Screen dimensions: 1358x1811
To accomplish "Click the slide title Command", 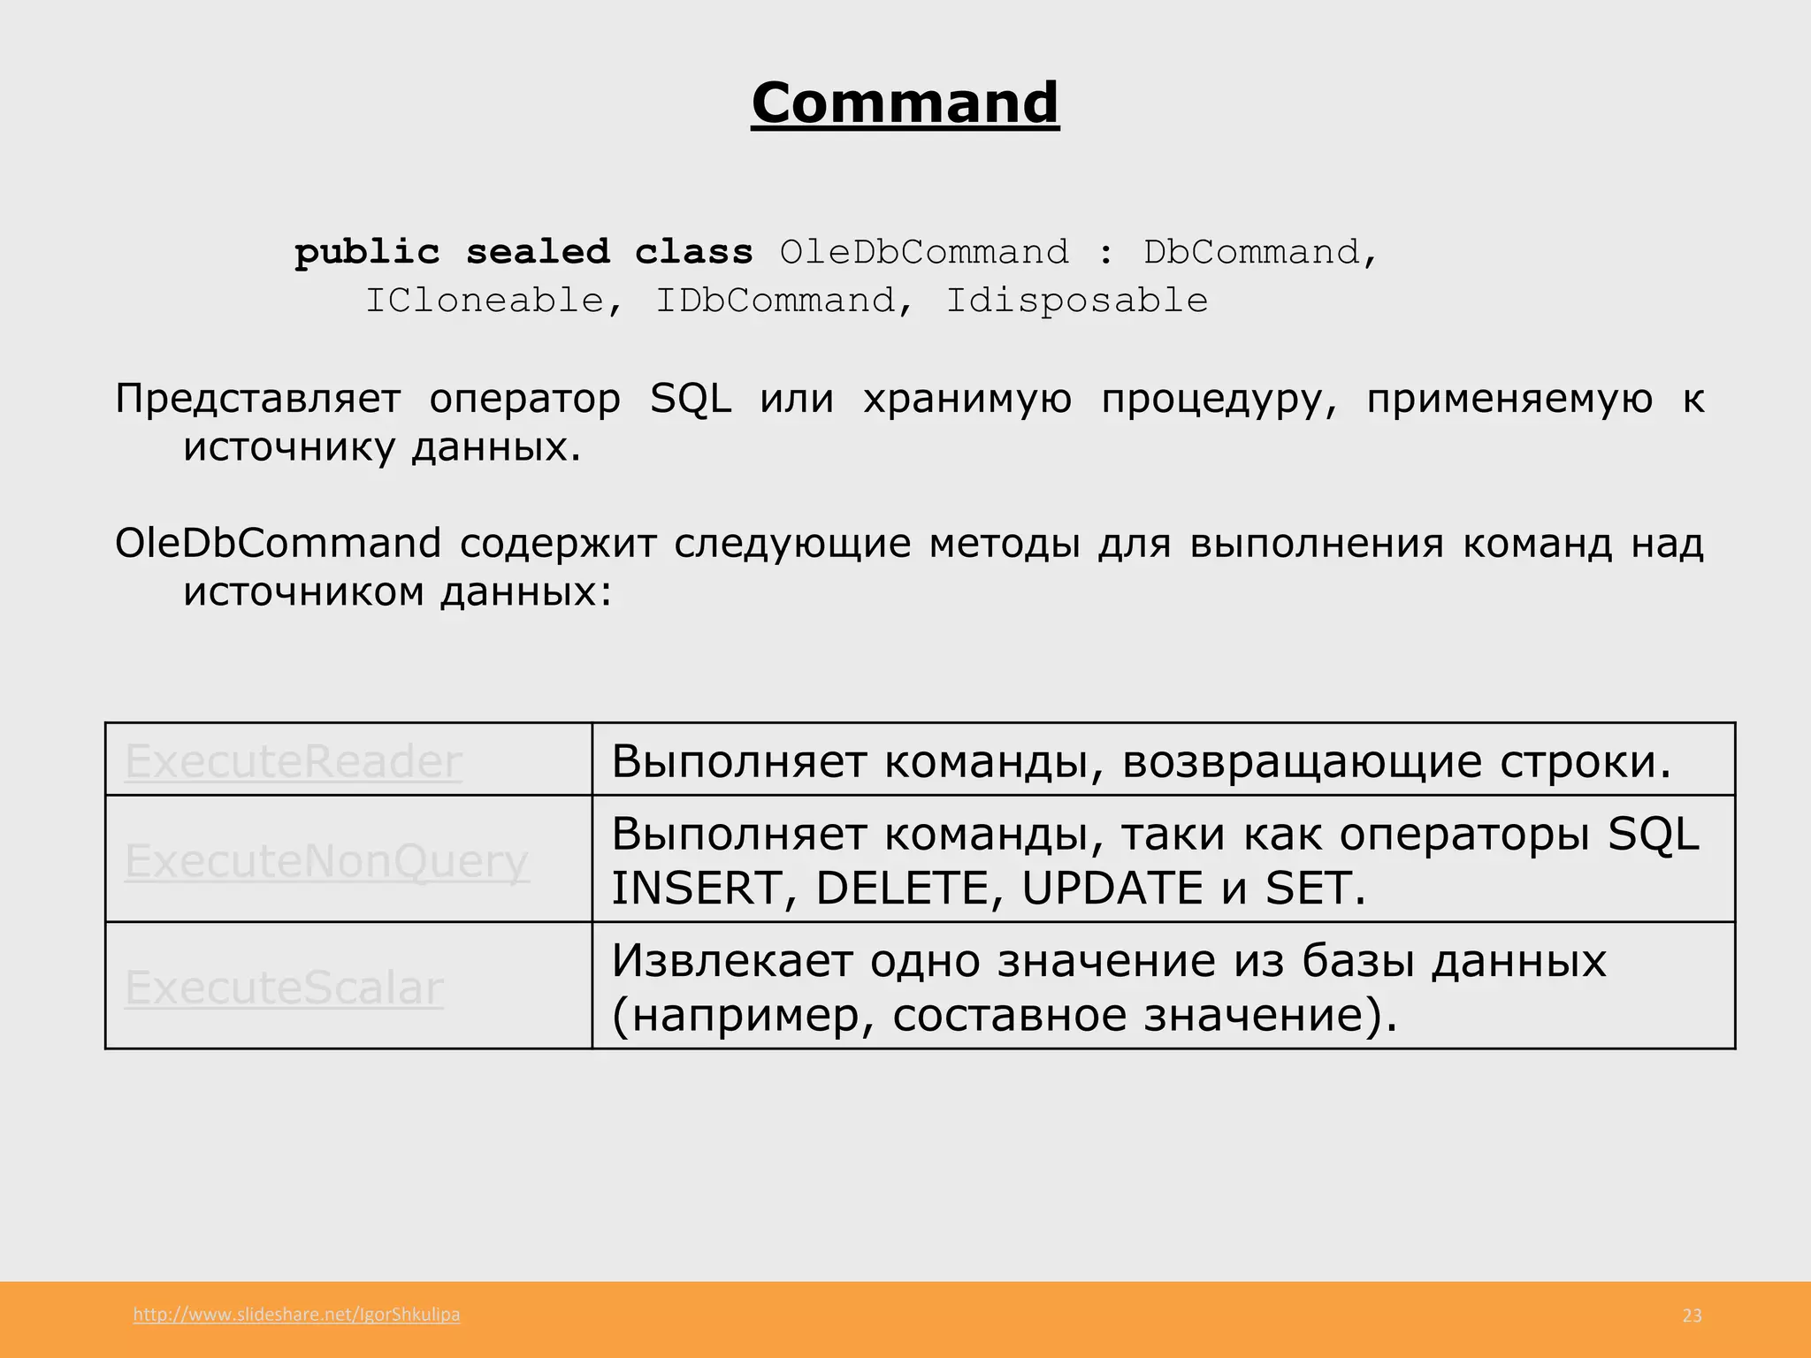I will click(905, 103).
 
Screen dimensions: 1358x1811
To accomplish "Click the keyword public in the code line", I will click(367, 253).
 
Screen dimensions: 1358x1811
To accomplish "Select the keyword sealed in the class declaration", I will click(538, 253).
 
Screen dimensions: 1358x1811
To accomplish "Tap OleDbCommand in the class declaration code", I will click(924, 253).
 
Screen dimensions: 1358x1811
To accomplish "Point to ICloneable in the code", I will click(485, 301).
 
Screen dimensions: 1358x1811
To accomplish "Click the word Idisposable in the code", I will click(1076, 301).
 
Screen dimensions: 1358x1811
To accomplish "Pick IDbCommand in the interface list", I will click(775, 301).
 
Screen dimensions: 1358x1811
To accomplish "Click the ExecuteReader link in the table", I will click(293, 760).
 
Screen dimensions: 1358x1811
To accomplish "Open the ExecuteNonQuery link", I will click(326, 860).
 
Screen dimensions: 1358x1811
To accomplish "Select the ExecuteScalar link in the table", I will click(284, 988).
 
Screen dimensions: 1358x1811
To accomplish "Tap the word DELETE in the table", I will click(901, 889).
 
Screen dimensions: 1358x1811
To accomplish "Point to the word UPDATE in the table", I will click(1112, 889).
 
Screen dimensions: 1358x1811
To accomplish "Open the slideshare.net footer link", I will click(296, 1315).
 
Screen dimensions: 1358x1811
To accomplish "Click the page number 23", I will click(1692, 1316).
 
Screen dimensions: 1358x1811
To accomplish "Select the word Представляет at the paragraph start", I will click(257, 399).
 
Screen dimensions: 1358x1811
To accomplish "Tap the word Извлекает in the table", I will click(730, 961).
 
